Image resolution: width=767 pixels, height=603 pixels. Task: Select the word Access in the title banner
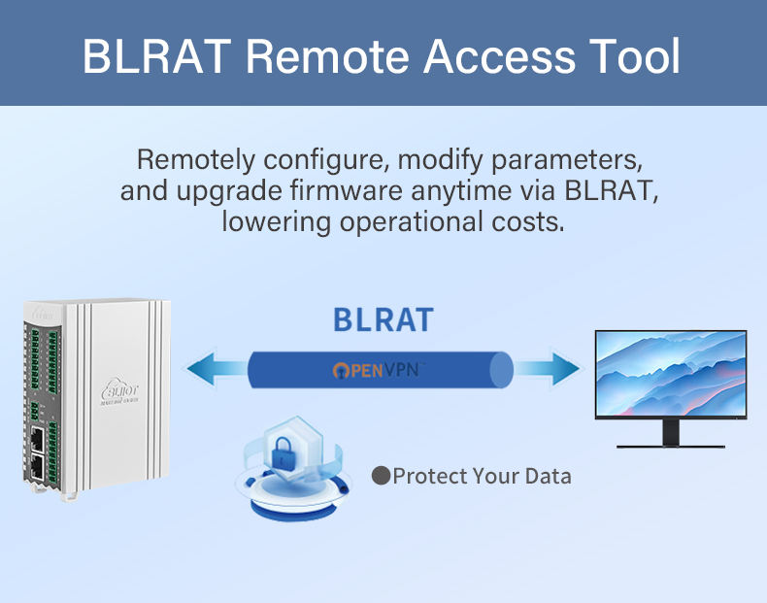(x=494, y=56)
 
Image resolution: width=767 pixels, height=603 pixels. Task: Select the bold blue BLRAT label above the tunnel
(x=383, y=319)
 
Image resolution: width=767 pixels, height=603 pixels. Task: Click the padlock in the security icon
(x=291, y=451)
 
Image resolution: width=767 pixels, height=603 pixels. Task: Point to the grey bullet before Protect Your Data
(x=382, y=476)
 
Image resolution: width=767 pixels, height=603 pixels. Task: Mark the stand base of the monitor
(x=671, y=444)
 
